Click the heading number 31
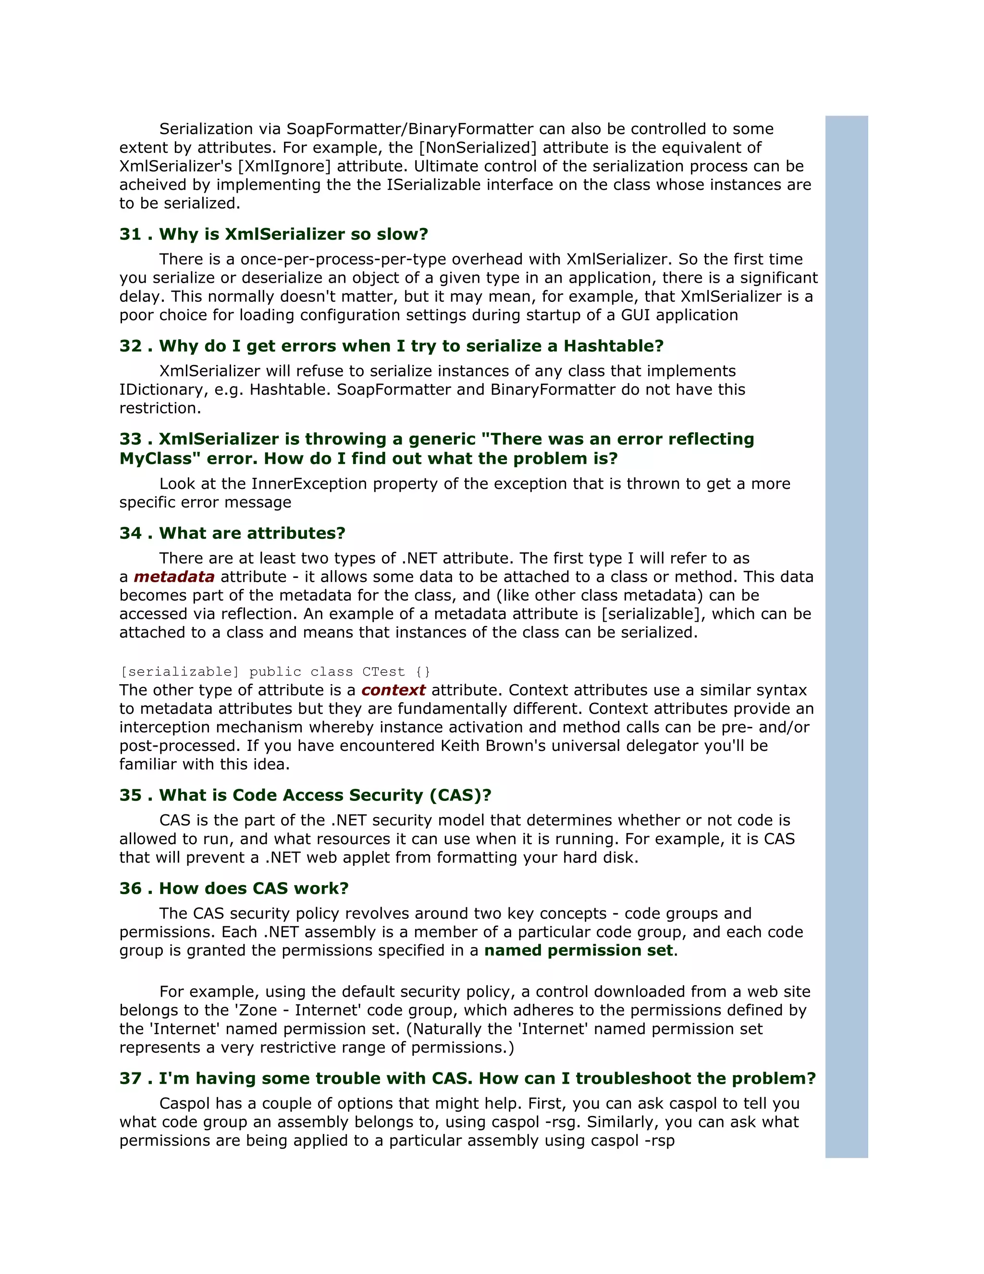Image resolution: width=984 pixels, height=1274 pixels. point(131,234)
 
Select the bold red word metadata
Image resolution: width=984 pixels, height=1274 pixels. point(174,577)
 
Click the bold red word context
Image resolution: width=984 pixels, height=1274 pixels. point(393,690)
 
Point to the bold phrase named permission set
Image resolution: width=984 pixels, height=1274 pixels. point(578,950)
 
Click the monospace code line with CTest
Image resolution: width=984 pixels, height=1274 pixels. point(275,672)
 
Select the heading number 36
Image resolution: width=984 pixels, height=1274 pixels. point(131,888)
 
